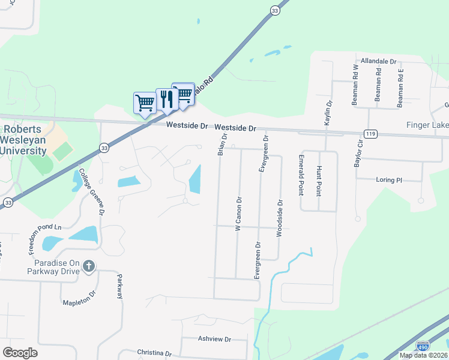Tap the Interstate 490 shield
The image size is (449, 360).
pos(422,346)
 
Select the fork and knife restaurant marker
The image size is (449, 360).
pos(166,99)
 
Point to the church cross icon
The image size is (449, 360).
pos(89,265)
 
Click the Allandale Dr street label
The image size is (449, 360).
pos(378,61)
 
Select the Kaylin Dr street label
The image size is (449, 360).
pos(328,112)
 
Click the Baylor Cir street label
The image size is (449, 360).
pos(360,154)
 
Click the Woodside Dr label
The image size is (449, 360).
pos(279,218)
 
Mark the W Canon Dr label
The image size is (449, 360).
pos(238,214)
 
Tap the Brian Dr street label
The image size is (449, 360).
pos(221,145)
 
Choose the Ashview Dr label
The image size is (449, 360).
pos(214,339)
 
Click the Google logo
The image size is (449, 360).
pos(20,353)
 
